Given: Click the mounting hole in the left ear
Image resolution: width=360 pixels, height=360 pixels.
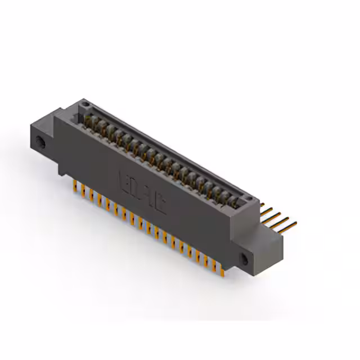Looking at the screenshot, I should [40, 139].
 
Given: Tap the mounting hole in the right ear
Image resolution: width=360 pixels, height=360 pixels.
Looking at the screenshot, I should [245, 259].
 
